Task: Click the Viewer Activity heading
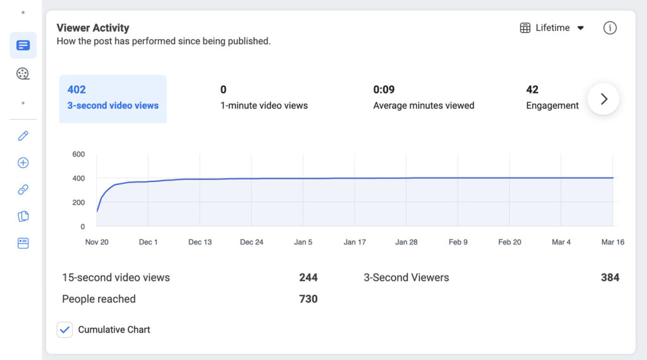[93, 28]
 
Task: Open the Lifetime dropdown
[552, 28]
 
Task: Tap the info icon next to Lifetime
[610, 28]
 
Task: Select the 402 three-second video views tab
[112, 99]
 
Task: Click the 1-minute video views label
[264, 105]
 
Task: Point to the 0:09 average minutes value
[384, 90]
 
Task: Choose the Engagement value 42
[532, 90]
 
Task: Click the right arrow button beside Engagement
[603, 99]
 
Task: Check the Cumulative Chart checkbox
[65, 330]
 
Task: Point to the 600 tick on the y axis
[78, 154]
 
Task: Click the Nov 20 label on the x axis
[97, 242]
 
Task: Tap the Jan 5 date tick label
[303, 242]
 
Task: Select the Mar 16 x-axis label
[612, 242]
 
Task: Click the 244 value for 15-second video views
[308, 277]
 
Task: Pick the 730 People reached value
[308, 299]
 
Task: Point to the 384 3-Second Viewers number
[610, 277]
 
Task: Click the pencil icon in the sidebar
[23, 136]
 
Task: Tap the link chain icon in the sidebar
[23, 189]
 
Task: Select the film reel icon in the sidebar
[23, 74]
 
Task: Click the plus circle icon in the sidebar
[23, 163]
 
